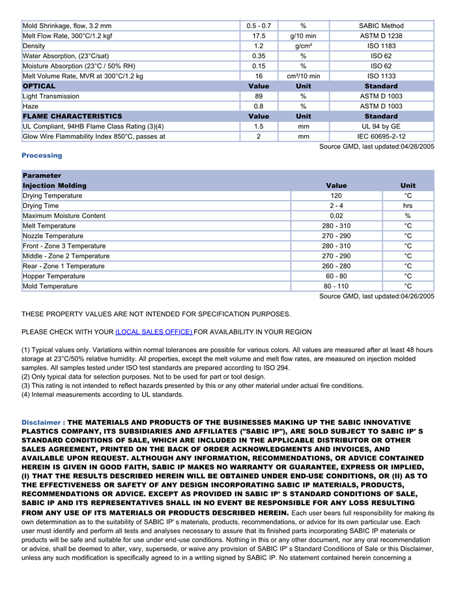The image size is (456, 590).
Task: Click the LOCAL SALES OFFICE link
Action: coord(154,332)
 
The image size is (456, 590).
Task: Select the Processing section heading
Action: coord(42,155)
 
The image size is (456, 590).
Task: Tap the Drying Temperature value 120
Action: coord(335,196)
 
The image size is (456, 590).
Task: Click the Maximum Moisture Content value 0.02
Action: coord(335,216)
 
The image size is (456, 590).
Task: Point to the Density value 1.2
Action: coord(259,46)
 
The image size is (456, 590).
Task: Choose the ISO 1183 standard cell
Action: coord(381,46)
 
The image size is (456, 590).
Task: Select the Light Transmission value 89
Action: coord(259,96)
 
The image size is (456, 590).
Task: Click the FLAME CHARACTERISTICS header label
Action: coord(72,116)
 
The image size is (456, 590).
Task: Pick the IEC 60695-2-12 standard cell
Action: coord(381,136)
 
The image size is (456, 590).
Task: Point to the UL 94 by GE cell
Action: coord(381,126)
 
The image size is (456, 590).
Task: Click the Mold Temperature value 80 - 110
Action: coord(335,286)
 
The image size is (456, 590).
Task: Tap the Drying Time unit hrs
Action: coord(408,206)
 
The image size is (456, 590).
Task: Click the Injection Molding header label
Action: coord(54,186)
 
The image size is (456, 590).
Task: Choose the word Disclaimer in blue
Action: coord(40,422)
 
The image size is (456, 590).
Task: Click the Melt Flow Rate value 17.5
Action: coord(259,36)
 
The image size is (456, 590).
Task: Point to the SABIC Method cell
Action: coord(381,26)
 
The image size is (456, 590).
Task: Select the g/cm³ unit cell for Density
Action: coord(303,46)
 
